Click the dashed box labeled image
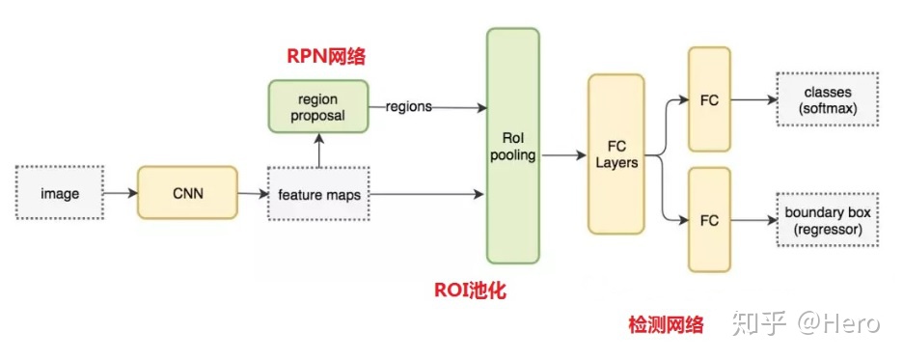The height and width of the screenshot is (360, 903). pyautogui.click(x=59, y=194)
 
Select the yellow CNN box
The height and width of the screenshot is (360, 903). pyautogui.click(x=187, y=193)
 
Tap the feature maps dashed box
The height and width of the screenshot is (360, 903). pyautogui.click(x=319, y=195)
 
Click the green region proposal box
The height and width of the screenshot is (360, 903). pyautogui.click(x=318, y=107)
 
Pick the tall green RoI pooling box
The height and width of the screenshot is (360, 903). pyautogui.click(x=512, y=146)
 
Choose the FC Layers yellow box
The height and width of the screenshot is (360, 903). pyautogui.click(x=616, y=154)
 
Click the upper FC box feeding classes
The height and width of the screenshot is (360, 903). pyautogui.click(x=709, y=99)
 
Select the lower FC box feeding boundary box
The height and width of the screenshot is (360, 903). pyautogui.click(x=709, y=220)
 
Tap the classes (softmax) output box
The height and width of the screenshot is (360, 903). pyautogui.click(x=829, y=99)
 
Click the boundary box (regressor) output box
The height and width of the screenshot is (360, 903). pyautogui.click(x=829, y=220)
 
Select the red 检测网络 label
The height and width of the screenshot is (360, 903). pyautogui.click(x=666, y=324)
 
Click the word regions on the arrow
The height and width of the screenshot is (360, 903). pyautogui.click(x=409, y=107)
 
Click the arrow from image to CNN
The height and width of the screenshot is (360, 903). pyautogui.click(x=120, y=194)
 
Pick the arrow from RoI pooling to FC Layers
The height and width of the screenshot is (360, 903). pyautogui.click(x=562, y=154)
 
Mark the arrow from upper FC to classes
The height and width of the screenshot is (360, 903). pyautogui.click(x=753, y=99)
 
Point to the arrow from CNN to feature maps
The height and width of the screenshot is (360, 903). pyautogui.click(x=251, y=194)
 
